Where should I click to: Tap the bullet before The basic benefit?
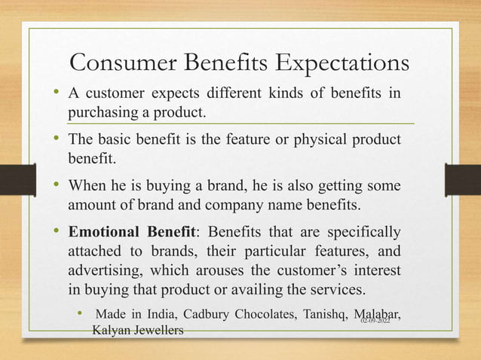point(58,139)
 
